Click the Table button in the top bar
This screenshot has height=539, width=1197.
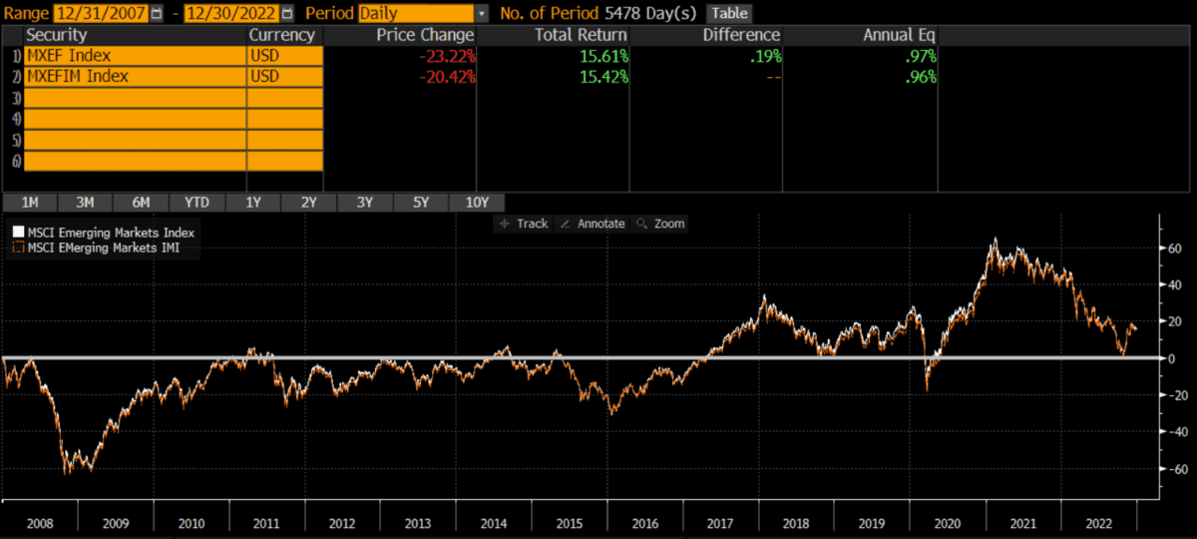[729, 14]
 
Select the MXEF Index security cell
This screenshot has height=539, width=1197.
[135, 56]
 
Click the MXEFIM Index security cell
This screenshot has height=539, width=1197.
[135, 76]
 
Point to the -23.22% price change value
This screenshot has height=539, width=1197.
[447, 56]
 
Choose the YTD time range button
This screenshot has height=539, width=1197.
[197, 203]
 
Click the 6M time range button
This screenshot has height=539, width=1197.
[141, 203]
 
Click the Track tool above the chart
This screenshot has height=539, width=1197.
[524, 224]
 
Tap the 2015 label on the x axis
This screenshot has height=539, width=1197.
[569, 523]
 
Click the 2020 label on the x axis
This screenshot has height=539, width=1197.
[948, 523]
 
